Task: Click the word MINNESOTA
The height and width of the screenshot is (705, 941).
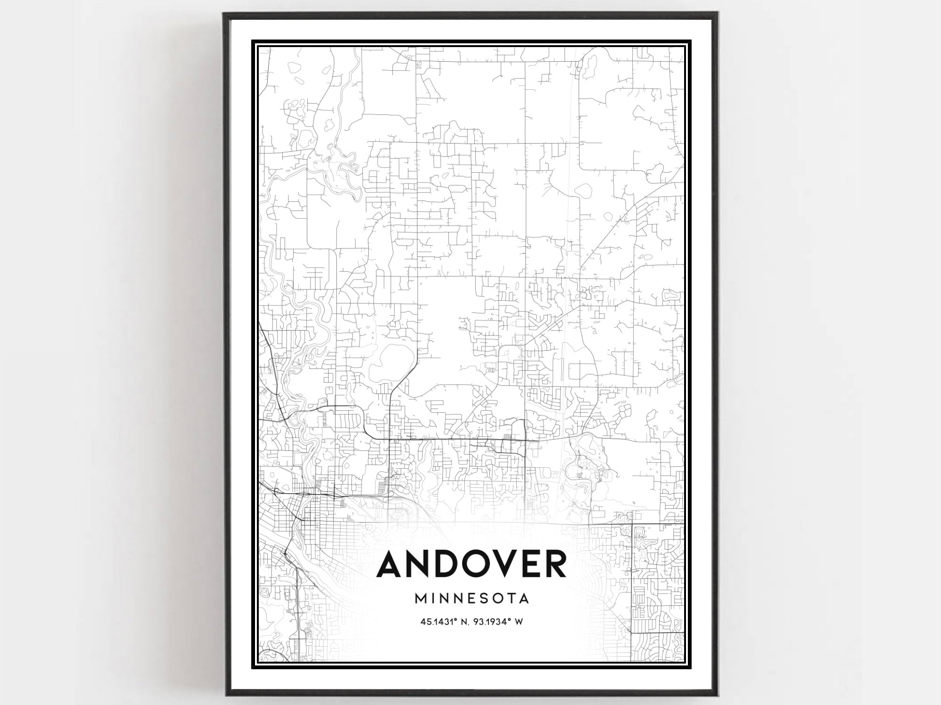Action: click(x=472, y=599)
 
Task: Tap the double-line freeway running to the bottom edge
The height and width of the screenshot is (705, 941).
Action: click(x=298, y=612)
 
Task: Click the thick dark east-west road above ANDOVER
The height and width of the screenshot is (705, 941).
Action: click(x=447, y=440)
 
